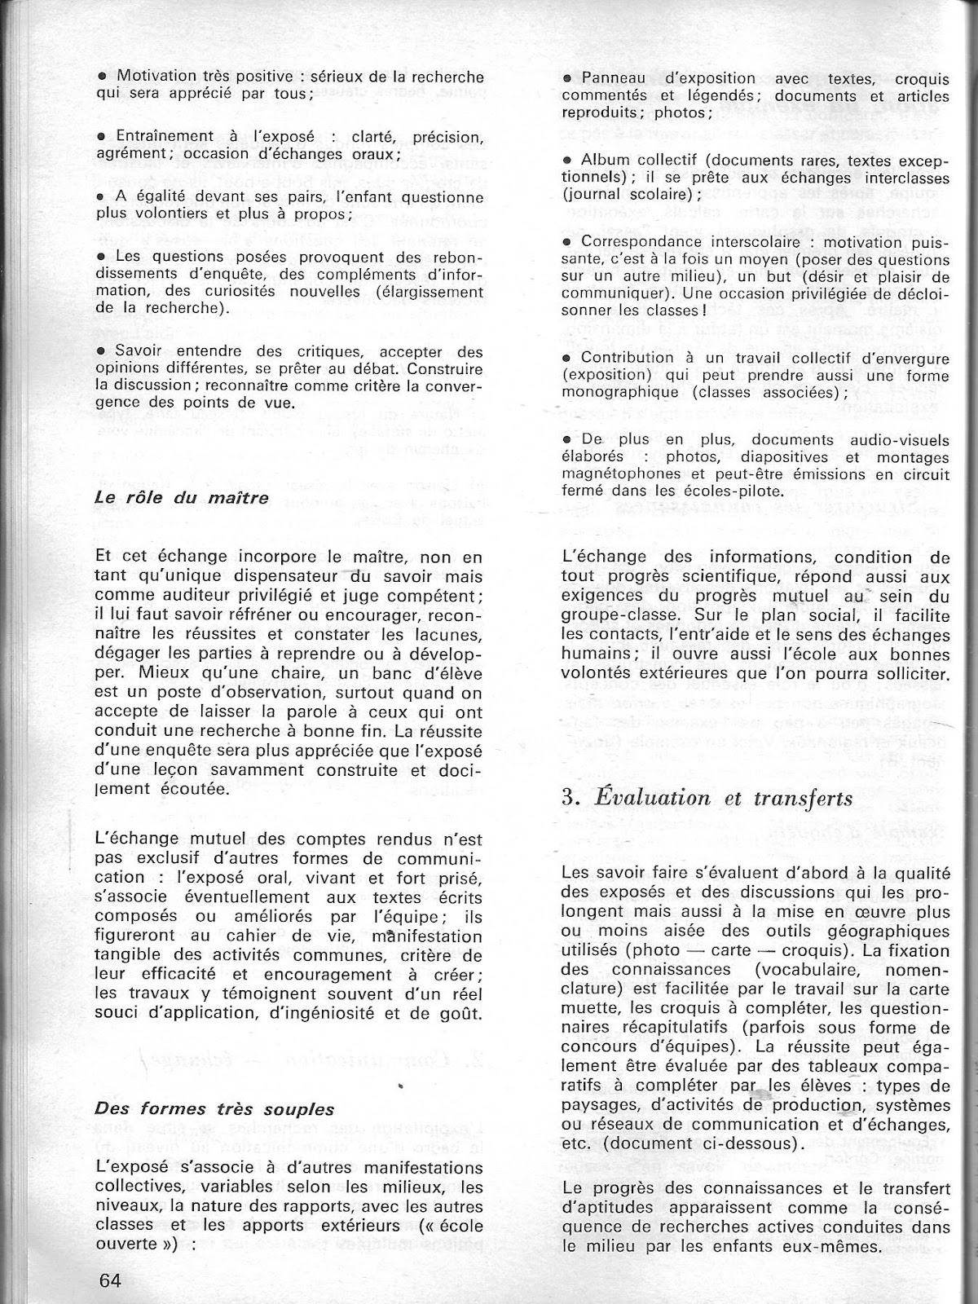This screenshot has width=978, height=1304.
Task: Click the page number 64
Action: [x=108, y=1280]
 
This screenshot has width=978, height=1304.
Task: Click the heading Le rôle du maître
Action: [x=182, y=497]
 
